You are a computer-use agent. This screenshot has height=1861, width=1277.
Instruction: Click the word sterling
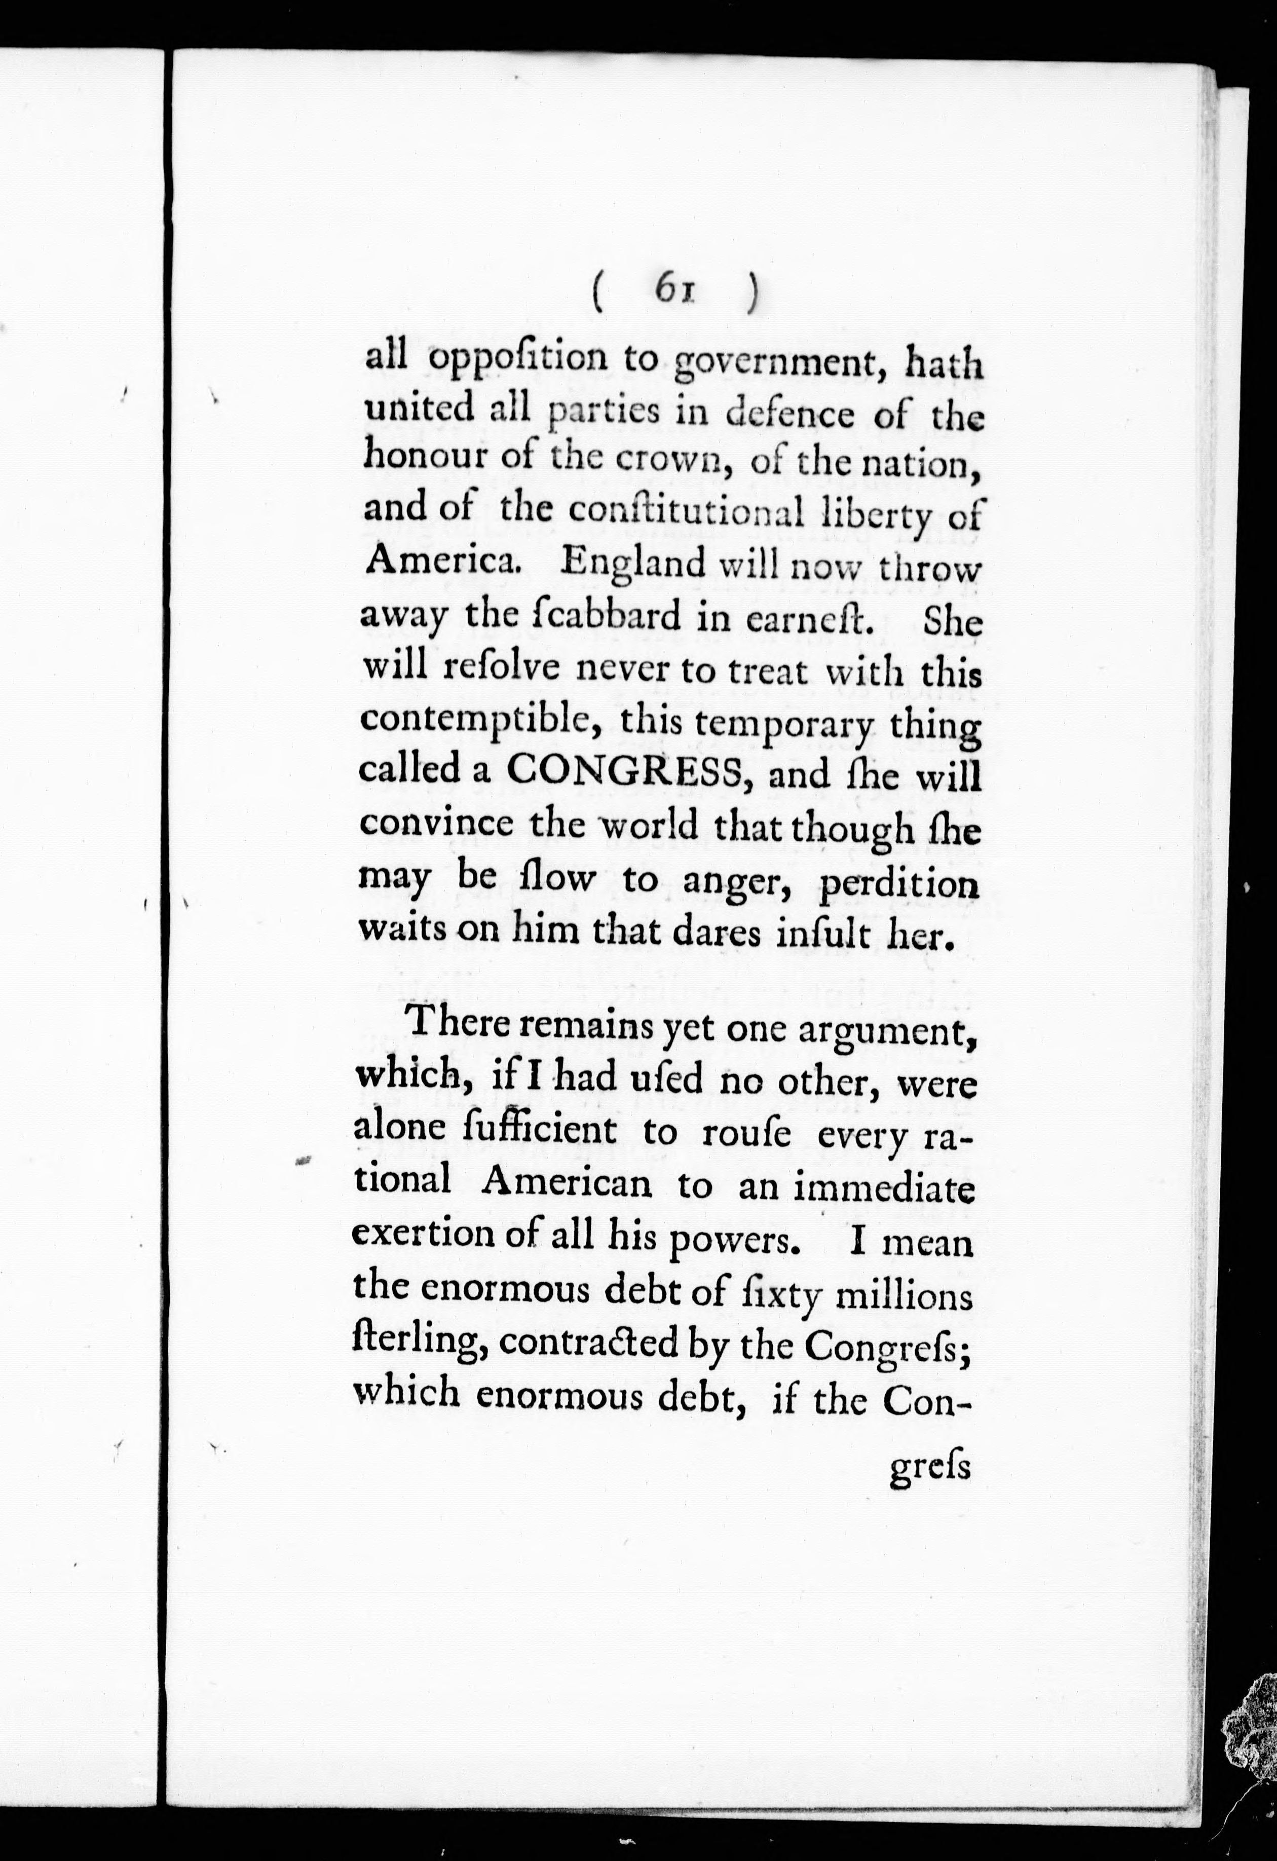click(420, 1345)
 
